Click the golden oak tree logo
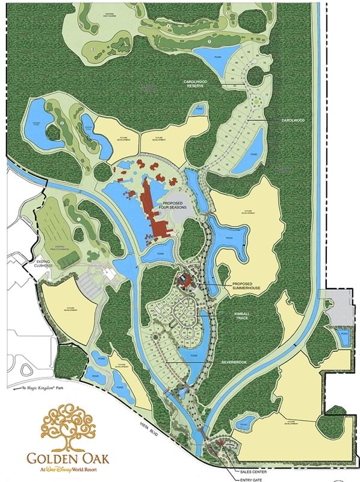(x=71, y=426)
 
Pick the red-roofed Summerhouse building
(x=184, y=279)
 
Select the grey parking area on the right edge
(x=346, y=305)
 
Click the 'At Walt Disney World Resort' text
(x=72, y=469)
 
